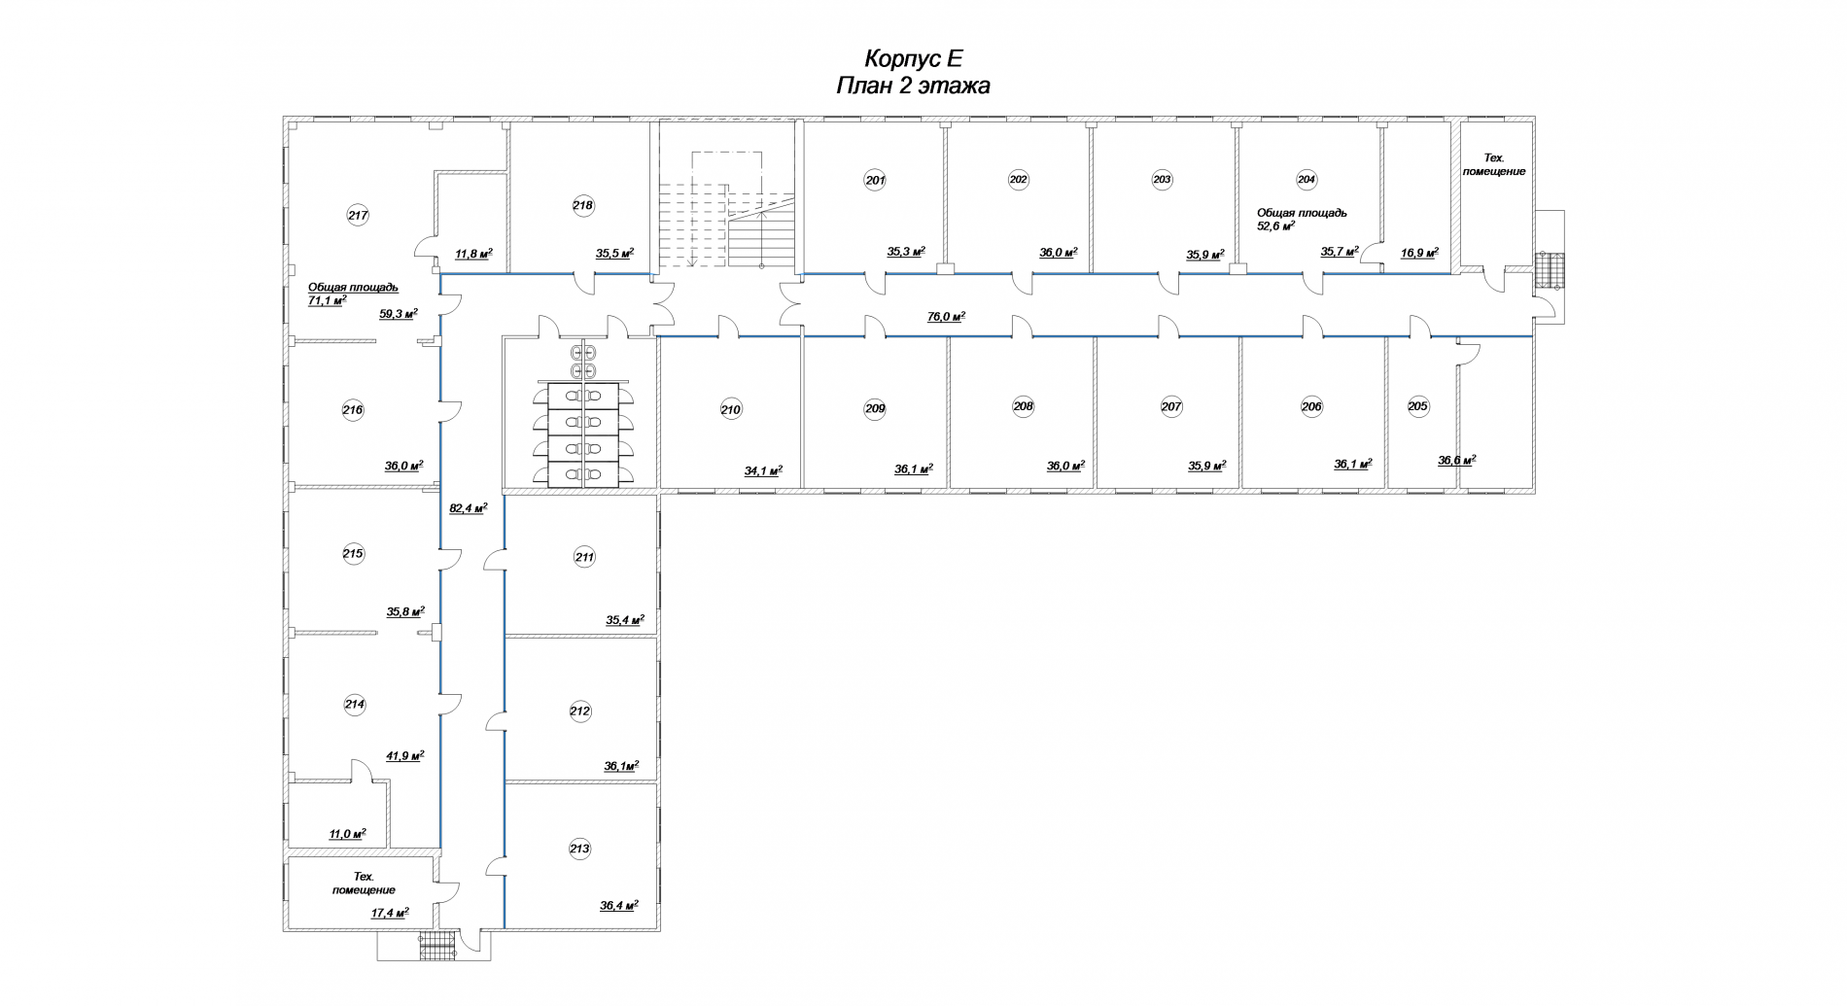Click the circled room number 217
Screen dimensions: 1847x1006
(358, 216)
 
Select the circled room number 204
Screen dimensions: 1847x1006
(1307, 179)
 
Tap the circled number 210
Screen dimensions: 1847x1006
(731, 409)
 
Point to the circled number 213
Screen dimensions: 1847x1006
(579, 849)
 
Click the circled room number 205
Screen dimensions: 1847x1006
(1418, 406)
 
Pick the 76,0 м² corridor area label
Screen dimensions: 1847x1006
(946, 317)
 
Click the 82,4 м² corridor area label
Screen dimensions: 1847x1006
(469, 507)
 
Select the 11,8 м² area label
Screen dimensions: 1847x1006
(473, 255)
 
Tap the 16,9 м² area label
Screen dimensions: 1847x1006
(1419, 252)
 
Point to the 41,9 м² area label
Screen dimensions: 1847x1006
(405, 755)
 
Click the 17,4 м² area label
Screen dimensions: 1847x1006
(390, 913)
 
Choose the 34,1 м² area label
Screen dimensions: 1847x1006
(764, 471)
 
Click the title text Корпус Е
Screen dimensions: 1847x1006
(914, 58)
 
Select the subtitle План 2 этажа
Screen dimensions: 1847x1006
(914, 87)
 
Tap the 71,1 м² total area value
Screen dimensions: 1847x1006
(328, 301)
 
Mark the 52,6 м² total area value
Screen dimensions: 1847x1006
(1276, 225)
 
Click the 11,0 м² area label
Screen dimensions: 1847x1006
(347, 834)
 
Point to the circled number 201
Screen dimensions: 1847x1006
(876, 180)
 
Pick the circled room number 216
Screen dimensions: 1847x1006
(353, 410)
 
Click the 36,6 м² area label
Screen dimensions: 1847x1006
(1457, 461)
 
